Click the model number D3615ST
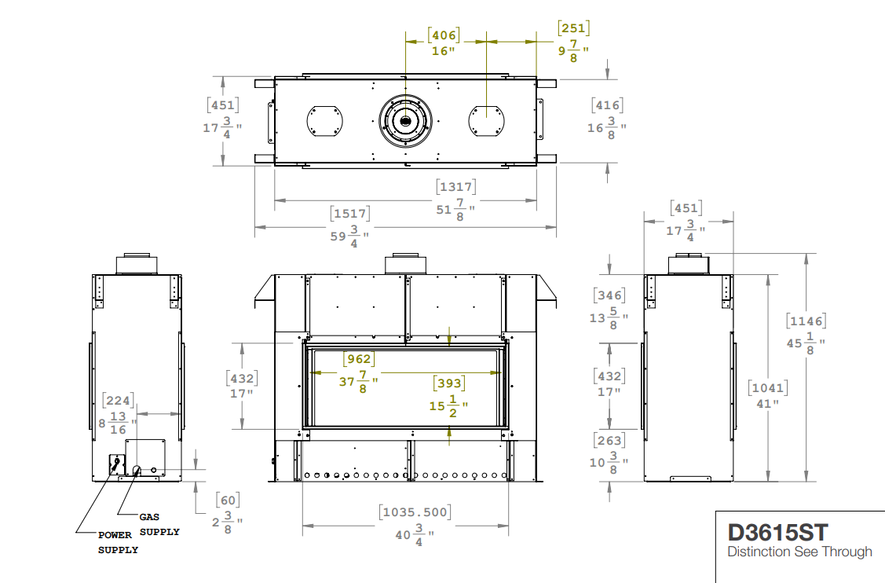coord(777,533)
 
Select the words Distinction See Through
coord(799,552)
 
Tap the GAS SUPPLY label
coord(159,524)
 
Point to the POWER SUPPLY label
coord(118,542)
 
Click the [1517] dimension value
coord(350,214)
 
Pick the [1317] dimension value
coord(456,186)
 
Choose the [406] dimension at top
coord(444,35)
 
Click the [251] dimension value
coord(574,28)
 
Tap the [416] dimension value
coord(607,105)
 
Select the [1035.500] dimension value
coord(415,511)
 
